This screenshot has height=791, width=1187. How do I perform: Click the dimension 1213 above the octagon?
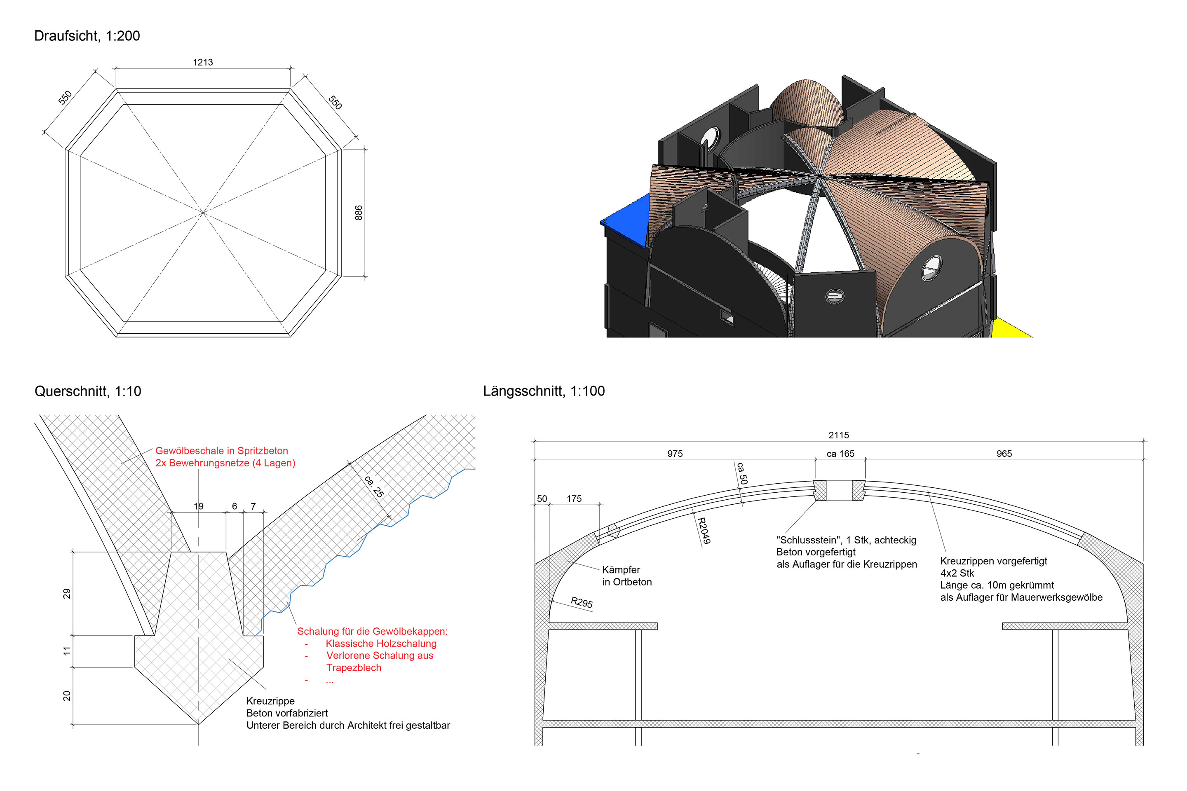[203, 63]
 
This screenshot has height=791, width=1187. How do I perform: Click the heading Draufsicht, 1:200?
[87, 36]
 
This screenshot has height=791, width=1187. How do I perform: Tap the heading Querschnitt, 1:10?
[88, 391]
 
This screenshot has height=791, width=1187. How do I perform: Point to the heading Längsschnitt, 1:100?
[544, 391]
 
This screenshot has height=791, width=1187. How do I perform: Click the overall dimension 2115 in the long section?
[839, 435]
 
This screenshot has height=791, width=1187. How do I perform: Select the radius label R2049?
[704, 530]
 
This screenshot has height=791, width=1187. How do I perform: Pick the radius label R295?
[582, 602]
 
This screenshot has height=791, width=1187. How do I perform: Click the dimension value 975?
[675, 454]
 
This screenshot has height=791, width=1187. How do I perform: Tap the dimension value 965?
[1004, 454]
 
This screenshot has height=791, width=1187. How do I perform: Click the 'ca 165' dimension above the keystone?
[840, 454]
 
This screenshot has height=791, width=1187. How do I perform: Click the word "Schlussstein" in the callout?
[809, 540]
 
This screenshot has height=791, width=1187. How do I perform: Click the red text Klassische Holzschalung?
[381, 644]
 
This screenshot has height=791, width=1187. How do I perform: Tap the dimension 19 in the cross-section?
[198, 506]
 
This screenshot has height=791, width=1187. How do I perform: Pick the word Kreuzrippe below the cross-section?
[270, 701]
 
